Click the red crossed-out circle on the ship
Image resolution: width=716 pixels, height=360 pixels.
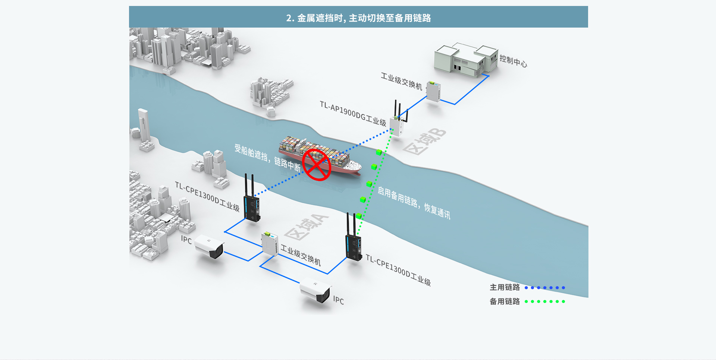(317, 165)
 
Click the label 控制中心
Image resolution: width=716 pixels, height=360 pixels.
(513, 61)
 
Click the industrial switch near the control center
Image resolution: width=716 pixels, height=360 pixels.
(434, 91)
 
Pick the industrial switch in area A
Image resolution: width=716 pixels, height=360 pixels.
(270, 244)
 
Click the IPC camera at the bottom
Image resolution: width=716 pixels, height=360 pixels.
(316, 291)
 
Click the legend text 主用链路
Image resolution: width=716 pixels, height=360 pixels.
(505, 287)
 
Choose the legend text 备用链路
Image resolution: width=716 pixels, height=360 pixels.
(505, 301)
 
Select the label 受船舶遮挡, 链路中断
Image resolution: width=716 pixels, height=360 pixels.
(267, 158)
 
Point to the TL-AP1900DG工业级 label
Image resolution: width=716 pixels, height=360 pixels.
(353, 113)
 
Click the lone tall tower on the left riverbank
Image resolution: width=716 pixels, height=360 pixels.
(144, 125)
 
